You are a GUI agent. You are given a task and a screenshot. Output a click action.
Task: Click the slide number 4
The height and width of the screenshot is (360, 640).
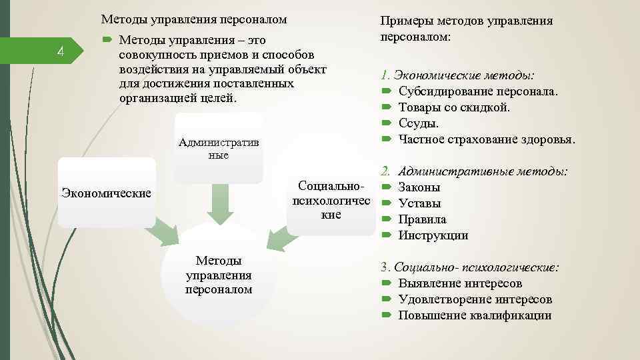tap(60, 51)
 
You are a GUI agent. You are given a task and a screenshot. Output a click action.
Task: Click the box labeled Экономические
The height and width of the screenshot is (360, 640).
tap(106, 193)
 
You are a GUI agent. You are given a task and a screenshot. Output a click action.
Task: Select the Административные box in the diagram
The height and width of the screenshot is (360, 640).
tap(219, 148)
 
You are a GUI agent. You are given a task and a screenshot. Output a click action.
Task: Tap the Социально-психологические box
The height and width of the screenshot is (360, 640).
tap(331, 199)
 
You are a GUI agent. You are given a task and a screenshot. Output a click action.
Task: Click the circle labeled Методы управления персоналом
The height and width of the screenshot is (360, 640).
tap(219, 275)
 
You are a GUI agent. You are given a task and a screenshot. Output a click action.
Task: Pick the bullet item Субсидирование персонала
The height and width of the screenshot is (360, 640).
tap(478, 91)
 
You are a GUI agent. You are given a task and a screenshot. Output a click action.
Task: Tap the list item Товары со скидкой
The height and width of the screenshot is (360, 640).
tap(454, 107)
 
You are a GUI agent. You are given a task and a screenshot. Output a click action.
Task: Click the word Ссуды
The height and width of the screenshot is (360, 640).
tap(419, 123)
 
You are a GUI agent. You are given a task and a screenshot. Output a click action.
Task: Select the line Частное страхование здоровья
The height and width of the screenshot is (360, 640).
tap(486, 139)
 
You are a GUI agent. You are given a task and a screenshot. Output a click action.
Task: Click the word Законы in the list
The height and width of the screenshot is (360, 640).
tap(419, 187)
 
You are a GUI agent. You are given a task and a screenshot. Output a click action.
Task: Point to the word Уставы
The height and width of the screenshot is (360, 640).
tap(419, 203)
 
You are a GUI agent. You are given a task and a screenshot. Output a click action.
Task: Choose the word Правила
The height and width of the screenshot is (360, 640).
tap(422, 219)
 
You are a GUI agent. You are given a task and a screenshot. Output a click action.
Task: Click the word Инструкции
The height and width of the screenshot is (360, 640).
tap(433, 235)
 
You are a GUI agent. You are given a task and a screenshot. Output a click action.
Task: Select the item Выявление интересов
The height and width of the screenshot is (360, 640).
tap(460, 283)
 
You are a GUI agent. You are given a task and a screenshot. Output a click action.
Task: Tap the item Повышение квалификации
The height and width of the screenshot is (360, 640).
tap(475, 315)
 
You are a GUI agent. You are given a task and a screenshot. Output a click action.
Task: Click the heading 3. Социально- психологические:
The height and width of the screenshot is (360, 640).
tap(470, 267)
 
